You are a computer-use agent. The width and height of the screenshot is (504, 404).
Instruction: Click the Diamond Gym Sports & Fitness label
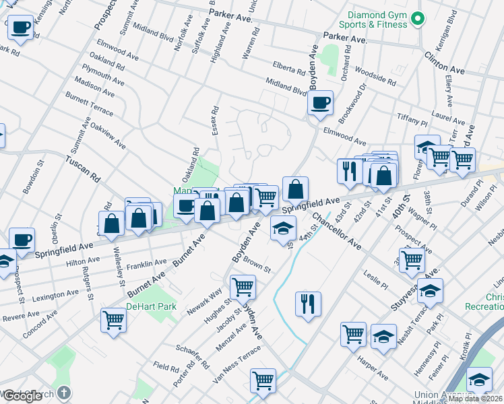378,20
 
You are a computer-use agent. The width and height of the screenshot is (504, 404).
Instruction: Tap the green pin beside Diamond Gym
418,19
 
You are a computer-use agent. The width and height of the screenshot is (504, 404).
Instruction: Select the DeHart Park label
151,306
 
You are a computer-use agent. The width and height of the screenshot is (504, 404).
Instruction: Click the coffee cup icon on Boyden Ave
320,103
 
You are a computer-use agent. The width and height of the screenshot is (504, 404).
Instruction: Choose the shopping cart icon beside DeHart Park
113,320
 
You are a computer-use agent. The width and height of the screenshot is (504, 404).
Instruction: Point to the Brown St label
257,264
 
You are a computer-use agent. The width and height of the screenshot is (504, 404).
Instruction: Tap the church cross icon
63,392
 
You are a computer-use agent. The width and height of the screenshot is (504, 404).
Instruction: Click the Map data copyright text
474,399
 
